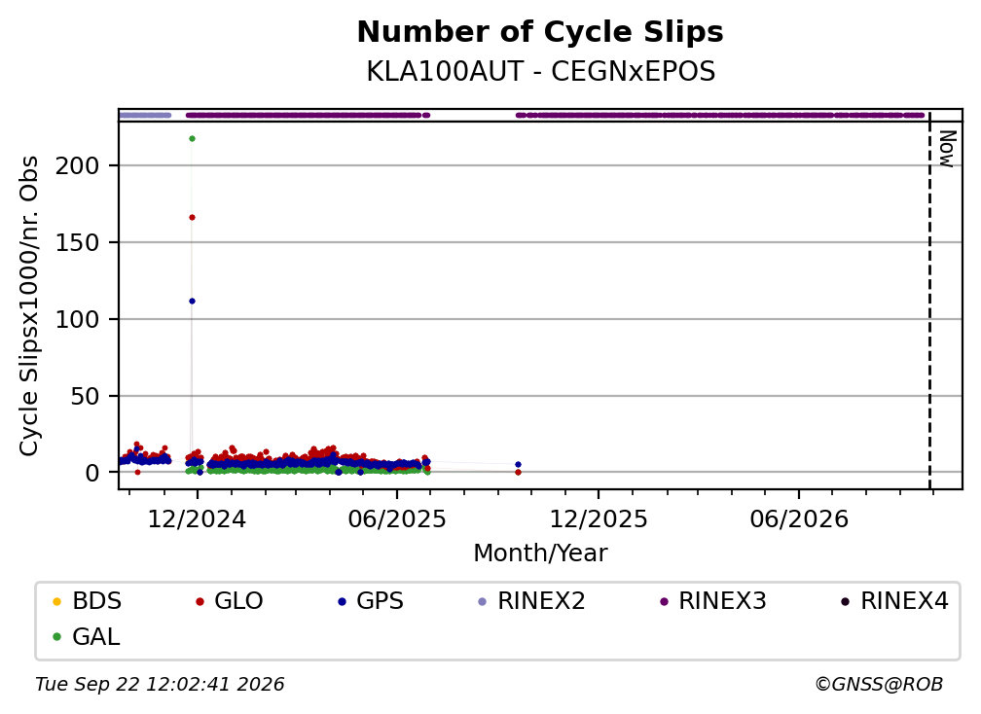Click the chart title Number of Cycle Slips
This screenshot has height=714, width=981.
(540, 32)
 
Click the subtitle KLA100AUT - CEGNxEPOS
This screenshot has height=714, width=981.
(540, 72)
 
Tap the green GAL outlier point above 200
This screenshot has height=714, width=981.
(192, 139)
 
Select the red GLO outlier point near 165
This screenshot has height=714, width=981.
(192, 218)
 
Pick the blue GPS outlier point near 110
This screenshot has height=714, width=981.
(192, 302)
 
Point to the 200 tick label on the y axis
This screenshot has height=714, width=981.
(77, 166)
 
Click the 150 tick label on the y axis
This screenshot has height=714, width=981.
(77, 242)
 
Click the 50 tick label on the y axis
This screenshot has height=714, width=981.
(85, 396)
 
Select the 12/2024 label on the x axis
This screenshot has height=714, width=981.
(197, 518)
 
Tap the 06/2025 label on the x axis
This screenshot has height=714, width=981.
(397, 518)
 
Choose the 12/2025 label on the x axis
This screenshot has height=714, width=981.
(599, 518)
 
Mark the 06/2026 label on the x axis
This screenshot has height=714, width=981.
(799, 518)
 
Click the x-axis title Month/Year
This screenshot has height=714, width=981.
(540, 553)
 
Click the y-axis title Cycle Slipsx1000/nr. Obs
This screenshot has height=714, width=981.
(29, 305)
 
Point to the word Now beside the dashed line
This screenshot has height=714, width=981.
(948, 149)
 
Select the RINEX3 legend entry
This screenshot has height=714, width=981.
(712, 601)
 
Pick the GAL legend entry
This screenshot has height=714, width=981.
(86, 637)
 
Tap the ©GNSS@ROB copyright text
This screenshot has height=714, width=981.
(879, 685)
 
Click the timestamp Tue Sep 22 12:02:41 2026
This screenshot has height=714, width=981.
(160, 685)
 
